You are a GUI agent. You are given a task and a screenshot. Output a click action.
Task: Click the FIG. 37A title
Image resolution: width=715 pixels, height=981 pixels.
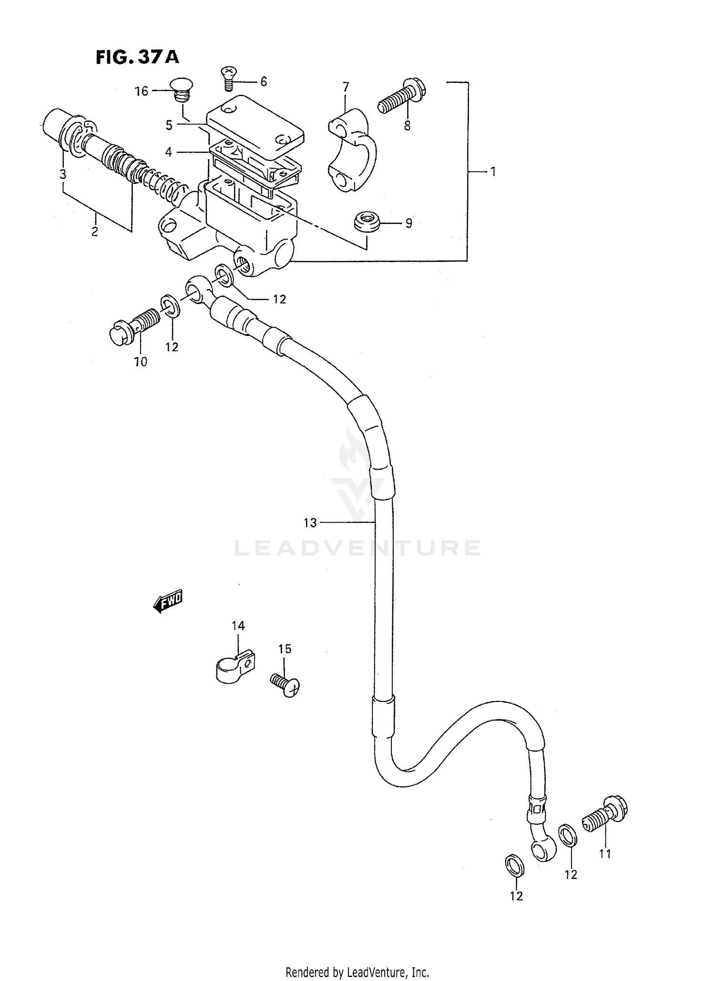click(x=137, y=57)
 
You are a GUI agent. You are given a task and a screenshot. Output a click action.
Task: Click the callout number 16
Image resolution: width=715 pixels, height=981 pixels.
click(x=142, y=91)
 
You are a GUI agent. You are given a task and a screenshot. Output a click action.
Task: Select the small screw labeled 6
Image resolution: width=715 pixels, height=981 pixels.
click(x=228, y=79)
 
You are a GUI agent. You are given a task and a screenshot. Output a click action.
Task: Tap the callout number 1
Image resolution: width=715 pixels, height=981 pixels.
click(x=493, y=171)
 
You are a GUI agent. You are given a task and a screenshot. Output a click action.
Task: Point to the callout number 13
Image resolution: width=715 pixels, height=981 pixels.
click(x=310, y=523)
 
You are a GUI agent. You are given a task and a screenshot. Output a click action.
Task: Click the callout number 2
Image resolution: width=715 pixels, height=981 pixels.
click(x=94, y=232)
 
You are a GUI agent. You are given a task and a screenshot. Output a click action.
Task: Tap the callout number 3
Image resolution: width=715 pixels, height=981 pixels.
click(x=62, y=174)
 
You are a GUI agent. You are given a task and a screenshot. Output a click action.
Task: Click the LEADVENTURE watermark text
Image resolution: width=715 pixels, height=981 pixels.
click(x=357, y=548)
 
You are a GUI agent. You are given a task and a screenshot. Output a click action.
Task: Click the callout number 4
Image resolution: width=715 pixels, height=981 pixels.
click(x=168, y=152)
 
